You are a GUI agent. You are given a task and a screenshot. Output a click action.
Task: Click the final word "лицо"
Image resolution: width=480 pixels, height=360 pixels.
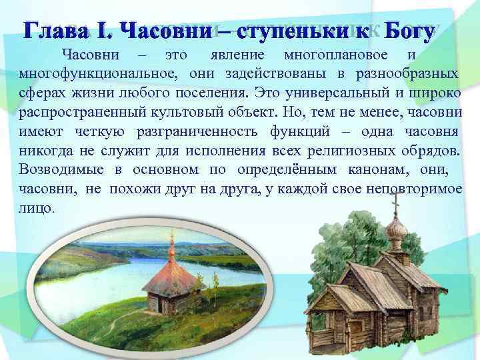(x=37, y=207)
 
